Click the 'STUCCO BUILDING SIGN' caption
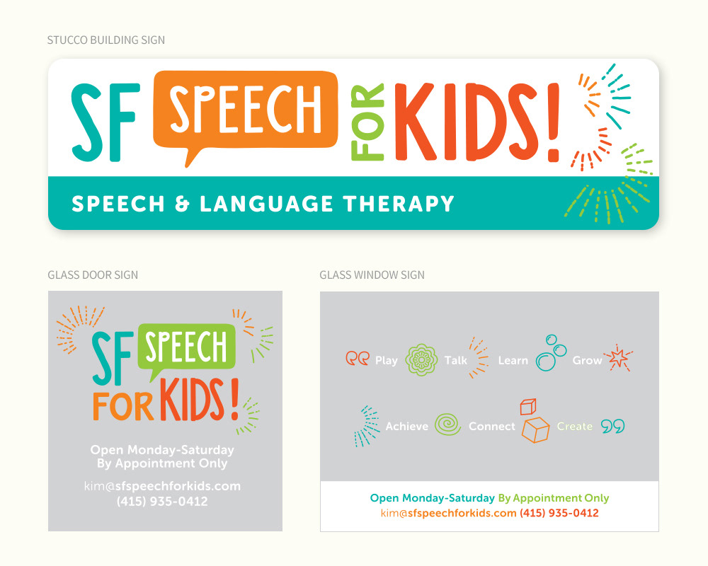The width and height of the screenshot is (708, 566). [x=106, y=40]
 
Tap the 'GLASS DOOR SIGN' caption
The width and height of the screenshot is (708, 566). [x=93, y=275]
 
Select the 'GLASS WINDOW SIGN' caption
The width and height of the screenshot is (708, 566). [x=372, y=275]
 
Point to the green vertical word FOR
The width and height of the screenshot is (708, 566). [x=367, y=122]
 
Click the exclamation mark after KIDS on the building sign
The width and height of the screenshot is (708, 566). [x=553, y=122]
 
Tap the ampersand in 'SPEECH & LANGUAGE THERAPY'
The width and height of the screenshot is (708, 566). [x=182, y=204]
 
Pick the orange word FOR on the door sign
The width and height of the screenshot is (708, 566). [x=122, y=407]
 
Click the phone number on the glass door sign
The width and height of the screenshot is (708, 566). [x=162, y=502]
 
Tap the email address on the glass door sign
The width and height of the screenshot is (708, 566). [x=162, y=486]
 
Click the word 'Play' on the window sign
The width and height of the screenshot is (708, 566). [x=387, y=361]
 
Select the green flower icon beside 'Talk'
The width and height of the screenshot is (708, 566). [x=421, y=359]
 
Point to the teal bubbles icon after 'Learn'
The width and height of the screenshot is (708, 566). [x=551, y=353]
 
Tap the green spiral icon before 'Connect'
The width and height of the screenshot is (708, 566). [x=448, y=424]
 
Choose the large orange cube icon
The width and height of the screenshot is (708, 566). [x=535, y=429]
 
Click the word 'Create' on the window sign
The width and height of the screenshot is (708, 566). [x=574, y=427]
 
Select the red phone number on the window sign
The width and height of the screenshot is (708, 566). [x=559, y=513]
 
